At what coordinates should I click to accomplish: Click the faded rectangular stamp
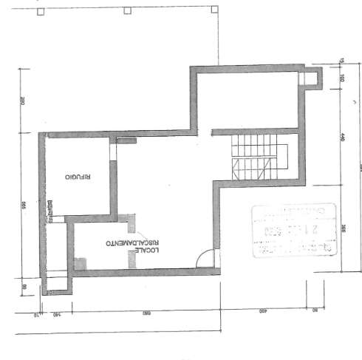click(x=294, y=231)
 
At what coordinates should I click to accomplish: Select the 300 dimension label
click(x=344, y=228)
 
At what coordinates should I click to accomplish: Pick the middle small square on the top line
click(x=126, y=10)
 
